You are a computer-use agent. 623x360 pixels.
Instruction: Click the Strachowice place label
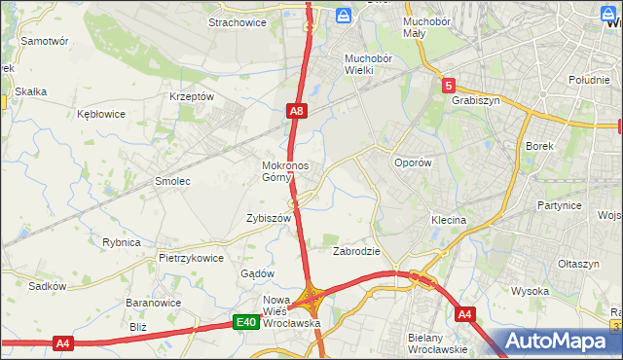238,21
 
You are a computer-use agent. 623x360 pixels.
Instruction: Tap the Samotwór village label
45,42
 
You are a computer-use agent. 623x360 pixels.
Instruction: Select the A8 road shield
299,113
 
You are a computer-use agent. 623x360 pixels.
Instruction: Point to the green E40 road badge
245,322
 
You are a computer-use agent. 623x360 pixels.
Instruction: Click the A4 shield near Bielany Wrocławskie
465,313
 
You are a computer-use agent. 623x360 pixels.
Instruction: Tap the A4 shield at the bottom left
63,342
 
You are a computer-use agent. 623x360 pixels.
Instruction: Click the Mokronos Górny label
285,171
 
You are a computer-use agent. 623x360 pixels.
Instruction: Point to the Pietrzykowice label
191,259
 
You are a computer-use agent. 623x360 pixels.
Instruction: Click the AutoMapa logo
559,342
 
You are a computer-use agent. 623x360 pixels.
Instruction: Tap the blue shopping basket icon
344,15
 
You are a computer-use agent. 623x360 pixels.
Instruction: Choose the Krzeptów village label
191,96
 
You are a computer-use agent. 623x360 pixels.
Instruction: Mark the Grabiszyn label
475,99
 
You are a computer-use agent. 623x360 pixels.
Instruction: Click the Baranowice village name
150,303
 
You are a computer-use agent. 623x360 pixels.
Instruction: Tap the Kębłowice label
101,114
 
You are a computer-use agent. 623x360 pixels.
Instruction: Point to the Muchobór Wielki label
367,64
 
